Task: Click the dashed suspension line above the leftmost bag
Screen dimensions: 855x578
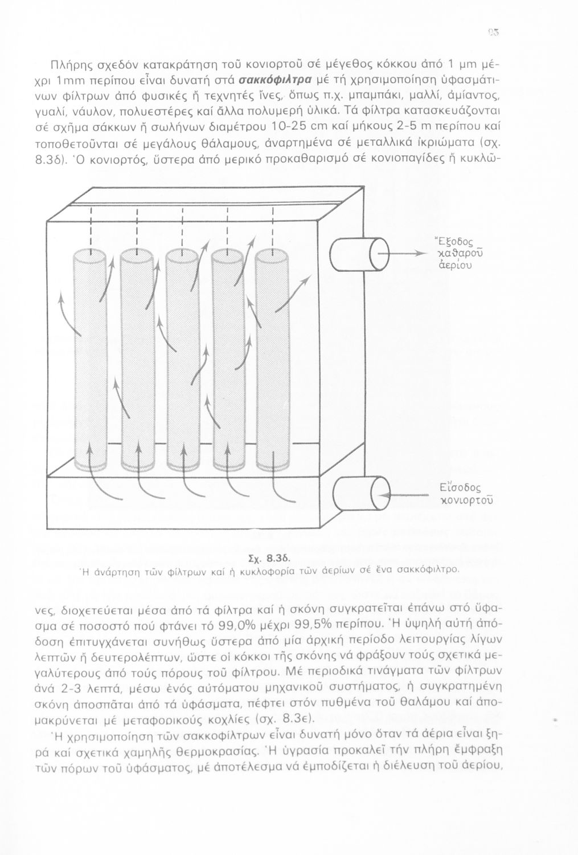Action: tap(91, 227)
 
